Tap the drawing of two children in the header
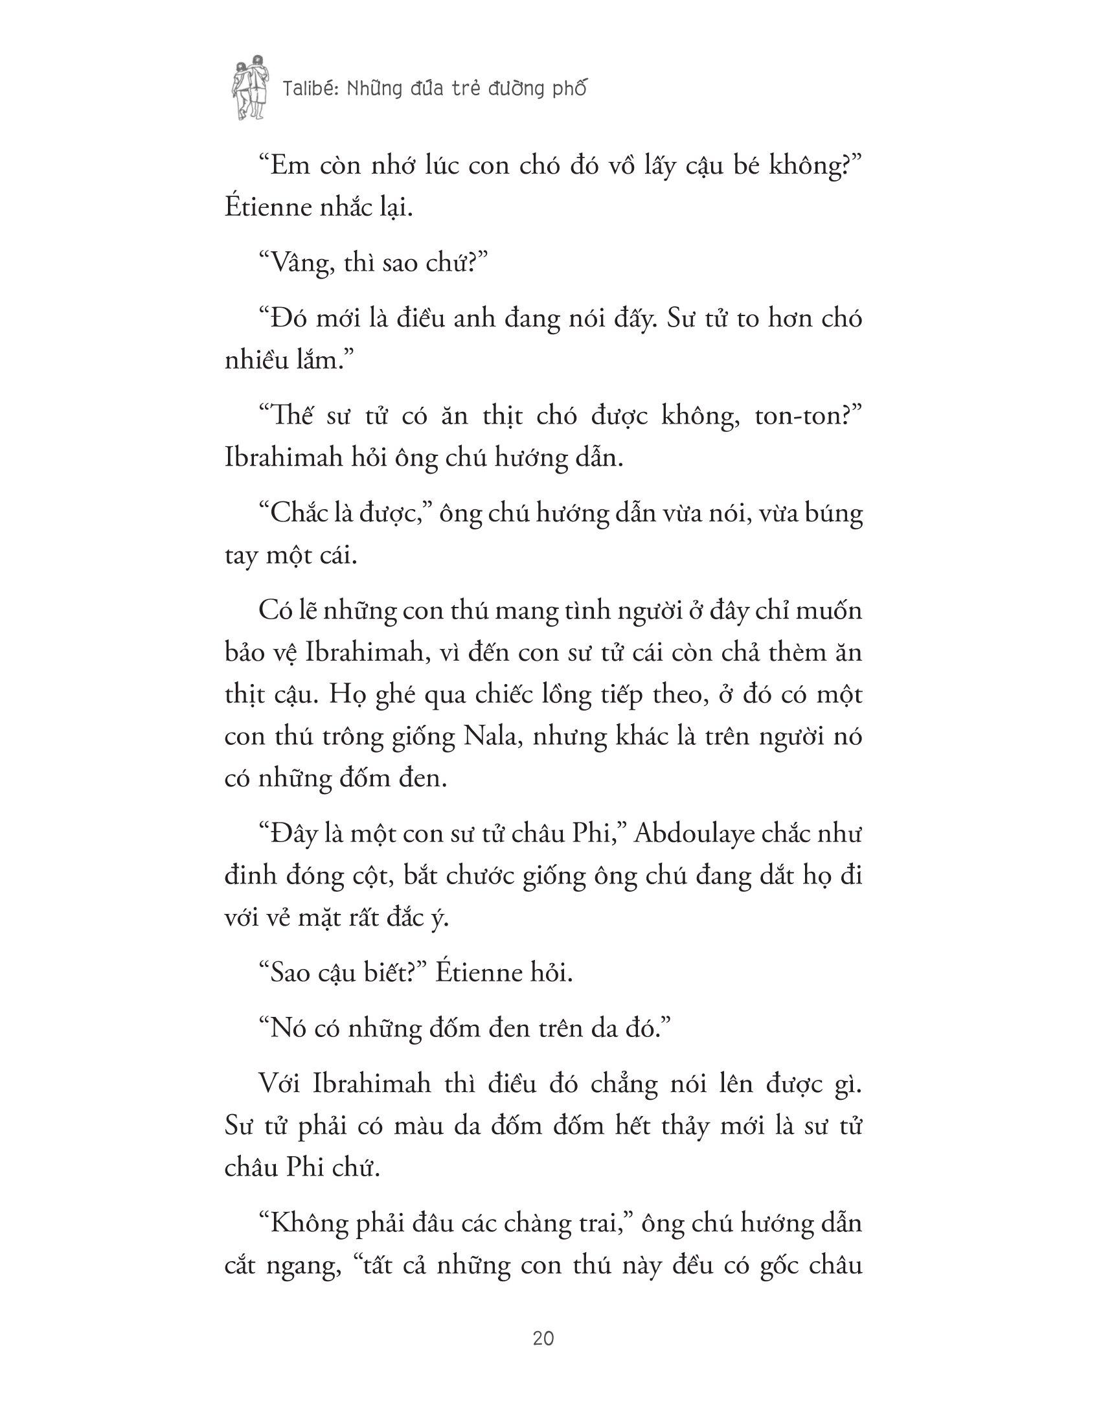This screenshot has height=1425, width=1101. tap(250, 87)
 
